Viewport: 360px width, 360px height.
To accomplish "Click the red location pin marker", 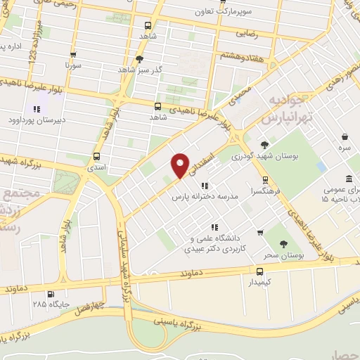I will point(181,165).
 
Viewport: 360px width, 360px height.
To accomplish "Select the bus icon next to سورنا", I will point(73,55).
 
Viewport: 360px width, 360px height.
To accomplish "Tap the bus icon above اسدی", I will point(96,157).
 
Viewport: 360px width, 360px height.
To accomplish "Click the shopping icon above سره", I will point(344,138).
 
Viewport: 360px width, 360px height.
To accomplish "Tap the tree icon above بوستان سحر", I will point(283,244).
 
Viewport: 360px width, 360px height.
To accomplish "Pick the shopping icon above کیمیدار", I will point(260,270).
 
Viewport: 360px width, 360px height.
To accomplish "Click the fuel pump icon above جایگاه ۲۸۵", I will point(49,295).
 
